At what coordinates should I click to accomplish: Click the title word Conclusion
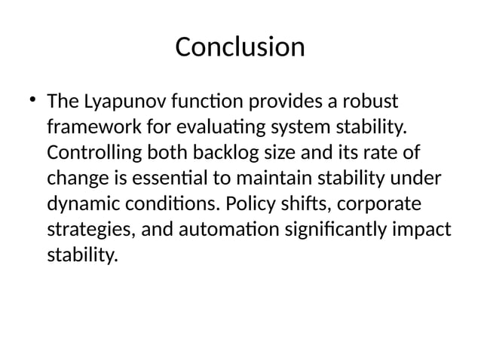coord(240,47)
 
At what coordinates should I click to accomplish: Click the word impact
coord(427,230)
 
